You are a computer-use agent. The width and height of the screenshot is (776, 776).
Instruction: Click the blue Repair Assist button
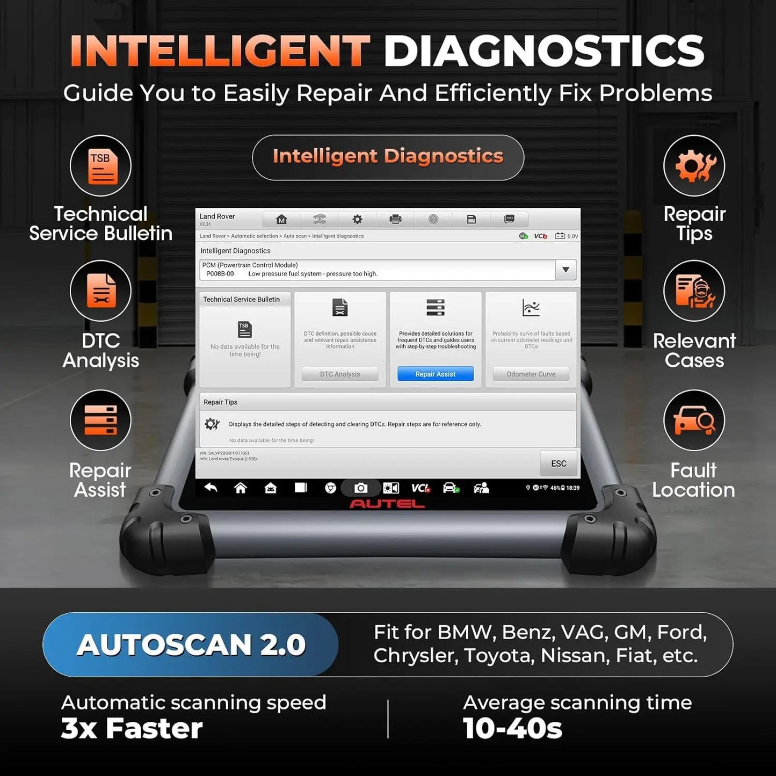(x=435, y=374)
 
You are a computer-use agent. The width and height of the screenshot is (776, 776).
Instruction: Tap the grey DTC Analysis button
(x=339, y=374)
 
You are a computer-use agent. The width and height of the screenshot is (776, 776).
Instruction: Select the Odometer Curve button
(x=531, y=374)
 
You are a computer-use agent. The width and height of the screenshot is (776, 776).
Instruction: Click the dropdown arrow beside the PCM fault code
(x=565, y=270)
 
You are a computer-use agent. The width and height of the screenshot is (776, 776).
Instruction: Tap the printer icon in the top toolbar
(x=395, y=219)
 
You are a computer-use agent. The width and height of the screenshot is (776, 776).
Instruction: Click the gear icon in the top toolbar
(x=357, y=219)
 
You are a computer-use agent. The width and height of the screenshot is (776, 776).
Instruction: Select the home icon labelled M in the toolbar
(x=281, y=219)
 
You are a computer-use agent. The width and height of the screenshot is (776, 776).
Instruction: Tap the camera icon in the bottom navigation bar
(x=361, y=488)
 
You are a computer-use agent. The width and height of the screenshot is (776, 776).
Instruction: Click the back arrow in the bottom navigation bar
(x=211, y=488)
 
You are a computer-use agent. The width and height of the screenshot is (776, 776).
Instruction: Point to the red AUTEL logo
(x=387, y=504)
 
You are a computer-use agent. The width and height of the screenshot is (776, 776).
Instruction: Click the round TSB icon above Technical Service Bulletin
(x=100, y=166)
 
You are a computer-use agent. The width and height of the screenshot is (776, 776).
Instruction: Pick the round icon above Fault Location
(x=694, y=420)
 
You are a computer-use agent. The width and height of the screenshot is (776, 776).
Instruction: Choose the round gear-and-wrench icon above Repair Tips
(x=694, y=166)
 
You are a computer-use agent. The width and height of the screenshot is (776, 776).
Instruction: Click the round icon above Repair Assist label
(x=100, y=420)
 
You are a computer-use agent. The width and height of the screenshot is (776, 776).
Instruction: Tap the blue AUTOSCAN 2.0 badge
(x=191, y=644)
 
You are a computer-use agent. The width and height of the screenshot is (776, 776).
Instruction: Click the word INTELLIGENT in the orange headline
(x=220, y=52)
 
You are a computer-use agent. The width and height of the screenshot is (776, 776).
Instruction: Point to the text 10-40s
(x=512, y=729)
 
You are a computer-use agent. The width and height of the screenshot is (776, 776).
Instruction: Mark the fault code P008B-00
(x=220, y=274)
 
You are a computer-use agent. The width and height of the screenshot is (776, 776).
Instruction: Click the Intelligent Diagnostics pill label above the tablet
(x=388, y=157)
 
